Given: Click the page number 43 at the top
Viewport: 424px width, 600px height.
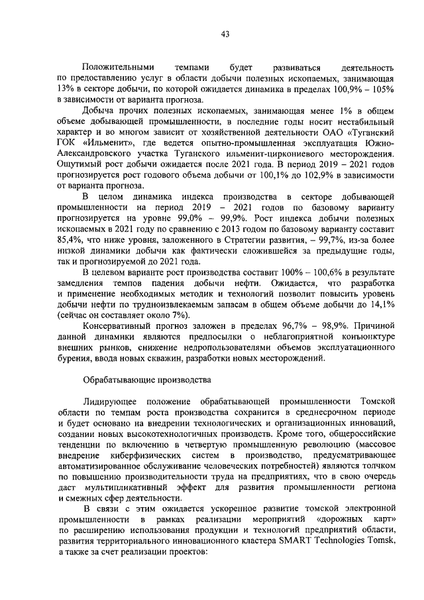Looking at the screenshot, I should pos(225,35).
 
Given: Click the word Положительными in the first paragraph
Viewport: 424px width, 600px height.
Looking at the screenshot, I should pos(118,68).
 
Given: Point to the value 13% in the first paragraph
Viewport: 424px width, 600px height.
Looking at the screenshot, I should pos(66,89).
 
